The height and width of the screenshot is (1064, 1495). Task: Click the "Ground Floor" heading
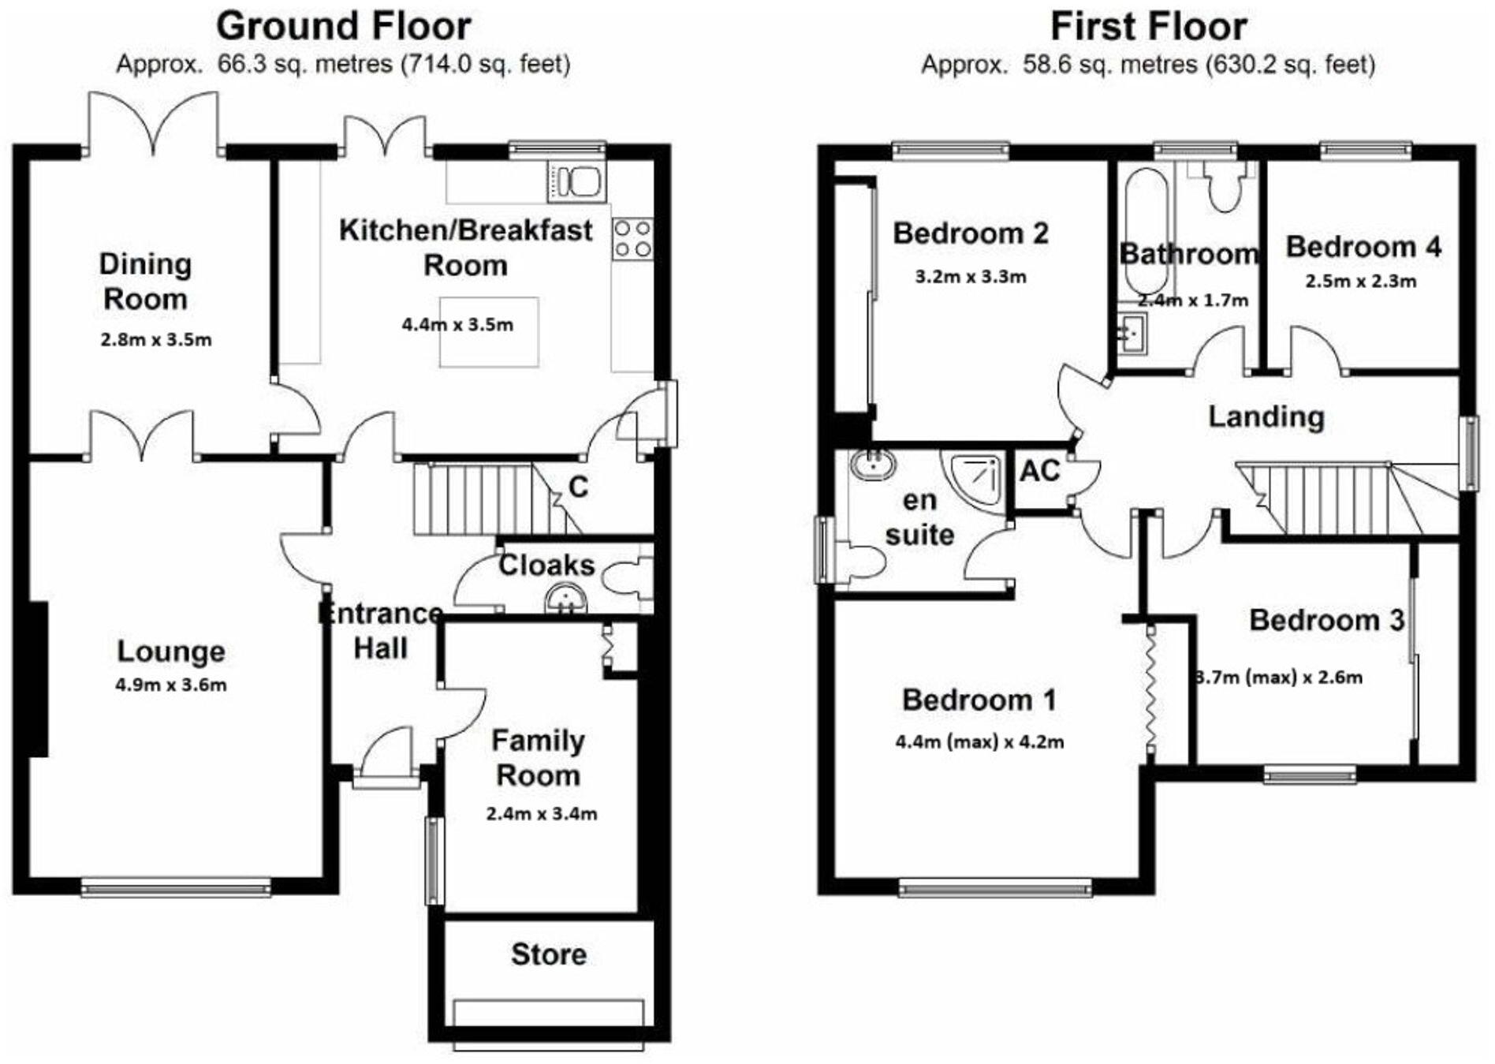pyautogui.click(x=343, y=26)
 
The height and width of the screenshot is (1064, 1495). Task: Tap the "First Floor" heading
pyautogui.click(x=1148, y=26)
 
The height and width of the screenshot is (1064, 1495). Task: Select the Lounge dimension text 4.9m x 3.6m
pyautogui.click(x=171, y=685)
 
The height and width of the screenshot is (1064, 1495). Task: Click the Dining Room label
pyautogui.click(x=145, y=282)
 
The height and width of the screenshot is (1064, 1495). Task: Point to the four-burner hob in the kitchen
pyautogui.click(x=633, y=238)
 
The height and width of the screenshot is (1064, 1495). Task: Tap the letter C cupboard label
pyautogui.click(x=578, y=487)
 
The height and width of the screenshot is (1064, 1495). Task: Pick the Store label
pyautogui.click(x=549, y=954)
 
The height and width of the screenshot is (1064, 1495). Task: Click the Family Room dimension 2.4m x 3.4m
pyautogui.click(x=542, y=813)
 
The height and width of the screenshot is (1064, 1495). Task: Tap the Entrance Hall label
pyautogui.click(x=381, y=631)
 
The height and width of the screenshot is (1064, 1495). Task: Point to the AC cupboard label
pyautogui.click(x=1040, y=471)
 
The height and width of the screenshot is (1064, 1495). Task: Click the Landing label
pyautogui.click(x=1266, y=416)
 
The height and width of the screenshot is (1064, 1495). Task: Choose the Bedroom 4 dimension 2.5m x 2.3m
pyautogui.click(x=1361, y=281)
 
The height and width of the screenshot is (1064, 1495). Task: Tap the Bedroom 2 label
pyautogui.click(x=971, y=233)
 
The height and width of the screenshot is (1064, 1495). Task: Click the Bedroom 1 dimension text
pyautogui.click(x=979, y=741)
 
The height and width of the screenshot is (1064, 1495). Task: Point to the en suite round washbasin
pyautogui.click(x=873, y=465)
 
